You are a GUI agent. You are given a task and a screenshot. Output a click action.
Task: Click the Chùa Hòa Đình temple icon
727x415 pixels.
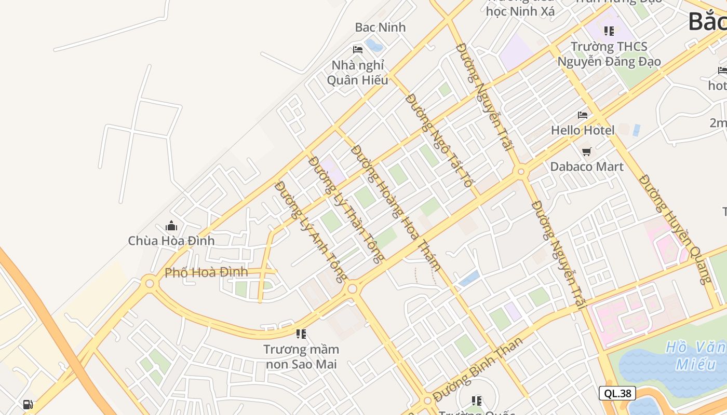click(171, 226)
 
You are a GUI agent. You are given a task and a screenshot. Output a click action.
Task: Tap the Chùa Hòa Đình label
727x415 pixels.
click(171, 241)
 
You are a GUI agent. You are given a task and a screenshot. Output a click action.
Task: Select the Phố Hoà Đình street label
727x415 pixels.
click(206, 272)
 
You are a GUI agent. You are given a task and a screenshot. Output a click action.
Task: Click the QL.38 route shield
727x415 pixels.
click(617, 393)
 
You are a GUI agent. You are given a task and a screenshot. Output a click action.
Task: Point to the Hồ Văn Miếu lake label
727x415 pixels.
click(696, 355)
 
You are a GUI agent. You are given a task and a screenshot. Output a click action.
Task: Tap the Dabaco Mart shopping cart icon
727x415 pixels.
click(587, 151)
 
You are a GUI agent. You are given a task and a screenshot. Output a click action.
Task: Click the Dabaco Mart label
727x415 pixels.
click(587, 167)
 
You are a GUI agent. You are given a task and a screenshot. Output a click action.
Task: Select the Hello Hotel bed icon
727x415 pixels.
click(583, 115)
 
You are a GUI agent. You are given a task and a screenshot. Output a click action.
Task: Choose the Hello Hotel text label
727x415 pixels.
click(583, 130)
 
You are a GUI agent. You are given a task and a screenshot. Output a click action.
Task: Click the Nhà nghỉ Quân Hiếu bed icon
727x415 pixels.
click(358, 50)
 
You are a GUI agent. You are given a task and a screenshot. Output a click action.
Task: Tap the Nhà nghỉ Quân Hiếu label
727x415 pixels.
click(358, 73)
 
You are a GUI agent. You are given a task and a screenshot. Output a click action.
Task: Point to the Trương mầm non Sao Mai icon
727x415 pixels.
click(301, 334)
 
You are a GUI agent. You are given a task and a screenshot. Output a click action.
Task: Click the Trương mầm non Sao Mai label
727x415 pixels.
click(301, 357)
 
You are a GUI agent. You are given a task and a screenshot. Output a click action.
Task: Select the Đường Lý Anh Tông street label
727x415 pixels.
click(311, 231)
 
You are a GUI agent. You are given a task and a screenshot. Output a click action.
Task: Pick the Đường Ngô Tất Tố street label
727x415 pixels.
click(439, 141)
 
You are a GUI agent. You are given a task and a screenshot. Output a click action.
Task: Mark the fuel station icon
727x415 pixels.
click(28, 405)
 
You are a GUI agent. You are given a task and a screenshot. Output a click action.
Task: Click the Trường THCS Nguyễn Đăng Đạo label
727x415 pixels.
click(609, 54)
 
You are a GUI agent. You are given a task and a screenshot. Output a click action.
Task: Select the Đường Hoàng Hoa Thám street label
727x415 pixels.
click(396, 208)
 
